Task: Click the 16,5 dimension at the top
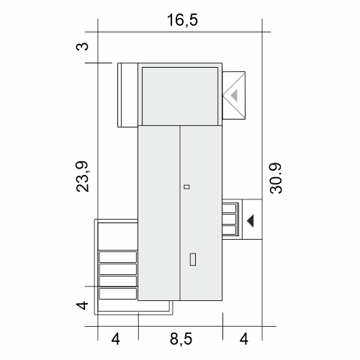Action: [x=182, y=20]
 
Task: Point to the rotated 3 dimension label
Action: [x=82, y=46]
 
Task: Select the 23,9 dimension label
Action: [x=82, y=176]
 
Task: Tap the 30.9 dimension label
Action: [x=276, y=178]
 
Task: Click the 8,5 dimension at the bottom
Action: [x=181, y=339]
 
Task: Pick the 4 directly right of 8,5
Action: [x=244, y=339]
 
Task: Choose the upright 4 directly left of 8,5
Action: [x=115, y=339]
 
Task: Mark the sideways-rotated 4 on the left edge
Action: [x=82, y=305]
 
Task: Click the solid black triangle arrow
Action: [x=251, y=221]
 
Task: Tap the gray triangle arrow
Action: [x=235, y=95]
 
